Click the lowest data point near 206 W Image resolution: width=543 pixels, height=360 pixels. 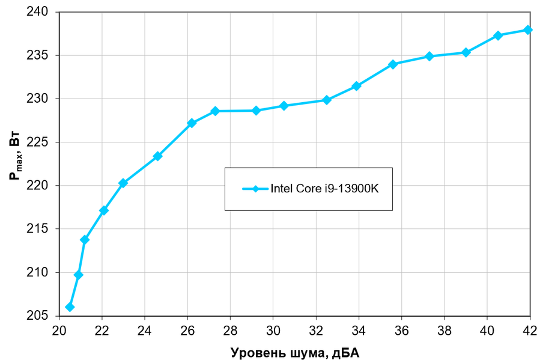70,307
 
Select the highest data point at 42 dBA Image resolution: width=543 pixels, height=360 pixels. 528,29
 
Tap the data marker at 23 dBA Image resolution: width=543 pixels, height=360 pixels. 123,183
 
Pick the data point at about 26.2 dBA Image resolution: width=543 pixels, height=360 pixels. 192,123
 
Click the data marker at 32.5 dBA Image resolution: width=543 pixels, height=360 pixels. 326,100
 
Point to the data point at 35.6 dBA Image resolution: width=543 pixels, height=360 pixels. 393,64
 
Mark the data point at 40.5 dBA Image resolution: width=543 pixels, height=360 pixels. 498,35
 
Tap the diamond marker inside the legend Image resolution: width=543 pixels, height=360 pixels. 255,189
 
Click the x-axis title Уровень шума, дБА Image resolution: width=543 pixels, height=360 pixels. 295,353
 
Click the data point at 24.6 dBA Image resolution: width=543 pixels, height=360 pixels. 157,156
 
